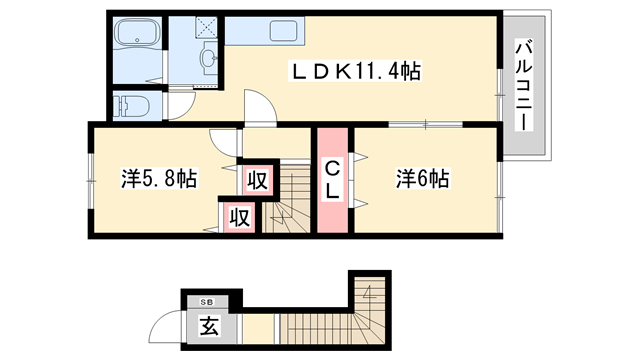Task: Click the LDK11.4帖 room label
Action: (354, 72)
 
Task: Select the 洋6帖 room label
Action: (421, 179)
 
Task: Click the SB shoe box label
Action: (207, 301)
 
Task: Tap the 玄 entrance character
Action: (208, 325)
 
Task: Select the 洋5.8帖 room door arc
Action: (222, 140)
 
